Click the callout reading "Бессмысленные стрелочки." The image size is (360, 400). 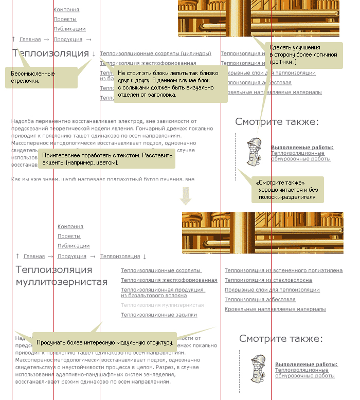[x=41, y=77]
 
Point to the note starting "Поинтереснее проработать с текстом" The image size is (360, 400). [x=106, y=158]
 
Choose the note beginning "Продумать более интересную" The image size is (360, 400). [x=104, y=342]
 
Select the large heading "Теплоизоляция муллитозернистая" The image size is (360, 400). [x=62, y=276]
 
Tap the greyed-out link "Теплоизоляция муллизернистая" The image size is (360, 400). [x=162, y=305]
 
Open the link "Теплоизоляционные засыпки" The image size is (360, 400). [x=159, y=315]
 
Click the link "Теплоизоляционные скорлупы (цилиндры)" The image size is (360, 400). [x=155, y=53]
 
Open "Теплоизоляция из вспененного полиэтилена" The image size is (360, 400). [x=283, y=270]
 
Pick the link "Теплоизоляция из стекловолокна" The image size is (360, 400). [x=268, y=280]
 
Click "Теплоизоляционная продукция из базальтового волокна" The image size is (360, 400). [x=163, y=293]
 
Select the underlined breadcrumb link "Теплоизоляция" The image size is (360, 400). [x=120, y=257]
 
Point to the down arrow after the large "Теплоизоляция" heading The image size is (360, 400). [x=94, y=53]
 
